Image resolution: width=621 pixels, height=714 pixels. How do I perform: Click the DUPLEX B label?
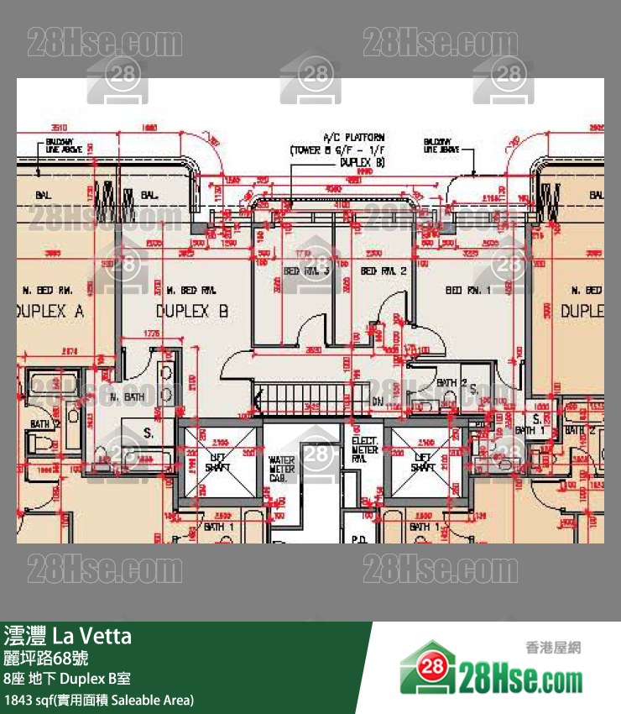point(192,311)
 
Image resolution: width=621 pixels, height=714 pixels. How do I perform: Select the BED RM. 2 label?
point(384,270)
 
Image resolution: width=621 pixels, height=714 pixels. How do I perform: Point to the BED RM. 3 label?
point(305,270)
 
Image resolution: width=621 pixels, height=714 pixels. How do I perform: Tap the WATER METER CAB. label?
point(282,469)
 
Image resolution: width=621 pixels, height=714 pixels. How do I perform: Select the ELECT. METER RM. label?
point(365,449)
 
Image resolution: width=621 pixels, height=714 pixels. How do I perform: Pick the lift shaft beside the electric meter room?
point(423,462)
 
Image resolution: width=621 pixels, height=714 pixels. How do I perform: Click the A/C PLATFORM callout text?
point(347,150)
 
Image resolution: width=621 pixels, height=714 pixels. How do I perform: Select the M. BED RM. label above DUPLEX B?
point(175,290)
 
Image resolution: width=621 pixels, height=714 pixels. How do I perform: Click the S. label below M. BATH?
point(148,433)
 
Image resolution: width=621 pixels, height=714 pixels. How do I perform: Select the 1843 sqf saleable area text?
point(99,699)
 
